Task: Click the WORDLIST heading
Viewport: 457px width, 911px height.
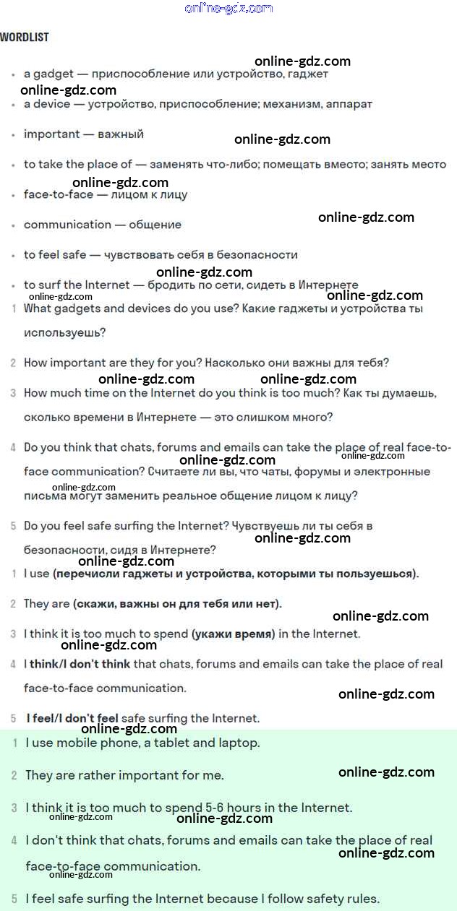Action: [x=25, y=37]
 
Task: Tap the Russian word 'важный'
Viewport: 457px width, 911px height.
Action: [x=121, y=134]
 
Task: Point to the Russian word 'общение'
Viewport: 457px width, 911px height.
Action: [x=155, y=225]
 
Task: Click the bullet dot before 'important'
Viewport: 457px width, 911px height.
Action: [x=13, y=135]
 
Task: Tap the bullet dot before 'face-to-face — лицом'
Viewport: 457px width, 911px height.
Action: [x=13, y=196]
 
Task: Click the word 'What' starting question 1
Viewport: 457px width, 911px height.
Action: [x=38, y=308]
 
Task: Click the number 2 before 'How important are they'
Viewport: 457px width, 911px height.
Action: [x=13, y=363]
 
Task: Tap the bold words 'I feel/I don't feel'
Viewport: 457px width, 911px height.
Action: [x=72, y=718]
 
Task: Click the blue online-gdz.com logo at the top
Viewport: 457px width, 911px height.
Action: [x=228, y=9]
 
